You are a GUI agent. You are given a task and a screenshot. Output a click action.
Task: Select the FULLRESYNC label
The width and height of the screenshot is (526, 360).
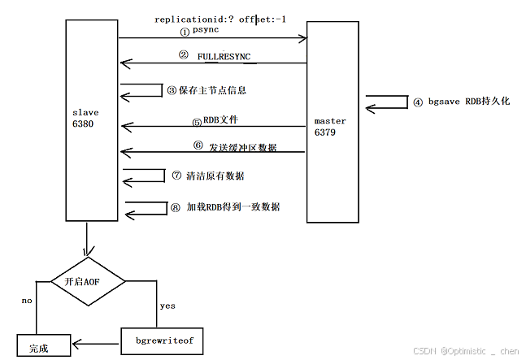(x=224, y=56)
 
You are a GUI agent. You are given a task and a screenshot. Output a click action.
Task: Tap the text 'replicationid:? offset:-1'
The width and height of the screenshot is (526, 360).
(x=220, y=19)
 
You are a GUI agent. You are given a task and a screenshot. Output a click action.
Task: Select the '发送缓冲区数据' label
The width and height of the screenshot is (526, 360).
(x=242, y=146)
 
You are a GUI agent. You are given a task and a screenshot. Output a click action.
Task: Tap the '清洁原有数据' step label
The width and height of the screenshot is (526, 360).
(x=215, y=176)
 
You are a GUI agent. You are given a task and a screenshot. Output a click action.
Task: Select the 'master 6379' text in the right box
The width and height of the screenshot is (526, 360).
(x=330, y=126)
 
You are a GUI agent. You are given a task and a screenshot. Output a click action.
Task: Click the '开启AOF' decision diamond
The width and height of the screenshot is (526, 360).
(x=88, y=280)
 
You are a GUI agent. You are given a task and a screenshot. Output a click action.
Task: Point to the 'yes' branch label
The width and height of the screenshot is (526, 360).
(x=167, y=306)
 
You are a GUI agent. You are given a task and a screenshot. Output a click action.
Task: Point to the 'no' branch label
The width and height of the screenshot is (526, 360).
(x=27, y=301)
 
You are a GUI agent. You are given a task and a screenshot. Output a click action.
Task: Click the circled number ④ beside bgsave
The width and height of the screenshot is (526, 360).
(x=418, y=102)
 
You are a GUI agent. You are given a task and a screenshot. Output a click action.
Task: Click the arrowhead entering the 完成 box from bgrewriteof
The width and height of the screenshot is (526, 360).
(x=75, y=341)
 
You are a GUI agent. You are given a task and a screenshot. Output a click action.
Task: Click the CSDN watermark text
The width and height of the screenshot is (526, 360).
(x=465, y=351)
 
